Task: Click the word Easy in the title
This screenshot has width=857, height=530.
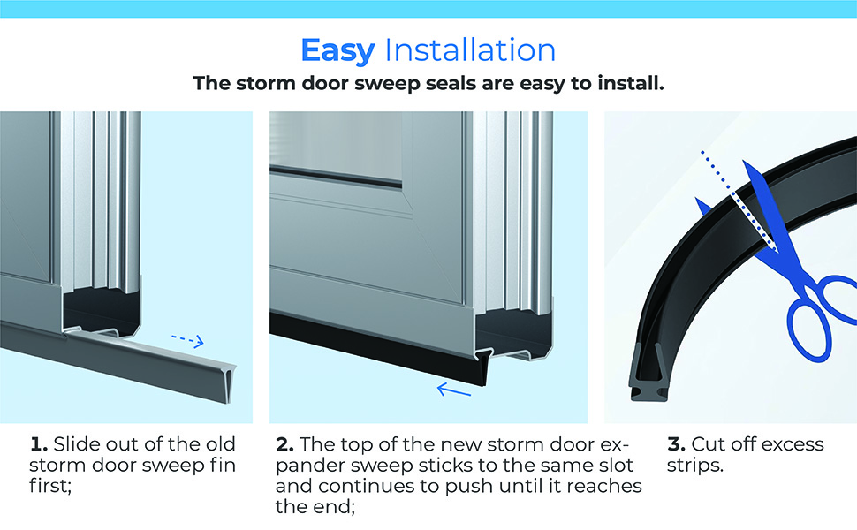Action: tap(338, 49)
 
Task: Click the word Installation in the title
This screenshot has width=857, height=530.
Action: tap(470, 49)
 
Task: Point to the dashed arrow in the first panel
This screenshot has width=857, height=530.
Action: tap(186, 340)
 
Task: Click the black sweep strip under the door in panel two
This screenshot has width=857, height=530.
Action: tap(371, 348)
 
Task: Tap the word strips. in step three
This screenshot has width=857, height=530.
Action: tap(694, 466)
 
